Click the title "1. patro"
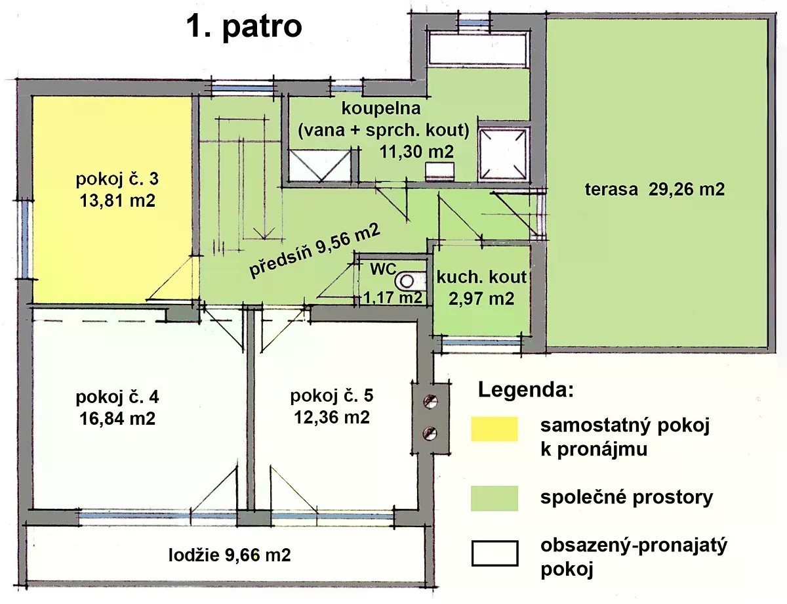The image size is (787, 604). (244, 27)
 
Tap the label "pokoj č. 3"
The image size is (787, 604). (117, 179)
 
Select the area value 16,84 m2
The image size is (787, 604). (117, 419)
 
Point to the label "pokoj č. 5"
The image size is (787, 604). (331, 395)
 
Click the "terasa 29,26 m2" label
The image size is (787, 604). (655, 190)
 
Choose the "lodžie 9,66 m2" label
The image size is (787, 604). (230, 555)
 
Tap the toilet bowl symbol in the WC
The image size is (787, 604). (406, 281)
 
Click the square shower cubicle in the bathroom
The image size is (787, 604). (502, 154)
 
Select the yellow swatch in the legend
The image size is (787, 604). (494, 429)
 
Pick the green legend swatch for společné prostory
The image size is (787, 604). (494, 498)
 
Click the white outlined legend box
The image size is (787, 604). (494, 553)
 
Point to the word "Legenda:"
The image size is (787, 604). (526, 391)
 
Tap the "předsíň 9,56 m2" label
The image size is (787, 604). (315, 251)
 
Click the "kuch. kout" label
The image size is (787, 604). (481, 278)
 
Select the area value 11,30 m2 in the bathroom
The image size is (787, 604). (416, 151)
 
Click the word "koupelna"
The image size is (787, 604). (381, 108)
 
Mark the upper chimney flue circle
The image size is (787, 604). (430, 401)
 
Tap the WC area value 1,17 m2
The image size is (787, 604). (393, 297)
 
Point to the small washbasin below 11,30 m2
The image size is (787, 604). (439, 171)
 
